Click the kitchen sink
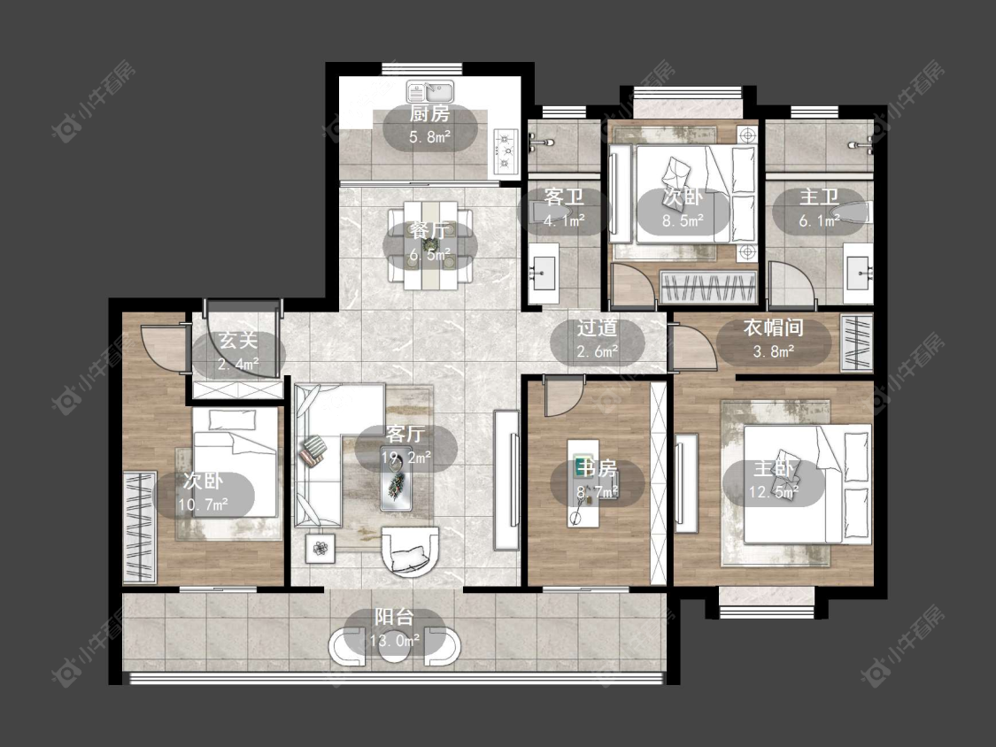430,92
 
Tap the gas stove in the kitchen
506,150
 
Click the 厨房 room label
429,114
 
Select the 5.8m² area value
430,136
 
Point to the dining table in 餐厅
430,245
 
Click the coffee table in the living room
397,482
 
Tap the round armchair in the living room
409,551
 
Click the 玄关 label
238,340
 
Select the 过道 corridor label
597,327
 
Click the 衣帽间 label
773,327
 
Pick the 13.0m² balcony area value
395,640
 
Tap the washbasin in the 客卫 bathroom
543,273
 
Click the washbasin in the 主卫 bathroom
859,273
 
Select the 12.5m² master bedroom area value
773,492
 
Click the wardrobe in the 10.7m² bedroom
140,527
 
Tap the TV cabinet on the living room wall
506,481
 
